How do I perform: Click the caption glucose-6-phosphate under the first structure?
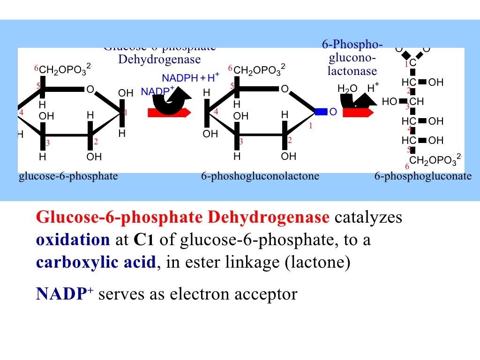point(68,177)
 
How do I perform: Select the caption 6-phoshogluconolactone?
point(260,177)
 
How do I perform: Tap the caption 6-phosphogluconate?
point(423,177)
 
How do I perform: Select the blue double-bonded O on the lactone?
point(333,112)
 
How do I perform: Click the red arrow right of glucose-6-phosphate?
point(169,112)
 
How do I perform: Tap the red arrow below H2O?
point(359,112)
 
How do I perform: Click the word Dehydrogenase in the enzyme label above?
point(159,60)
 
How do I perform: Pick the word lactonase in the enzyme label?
point(352,71)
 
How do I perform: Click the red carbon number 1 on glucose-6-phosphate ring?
point(126,112)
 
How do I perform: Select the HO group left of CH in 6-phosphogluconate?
point(389,102)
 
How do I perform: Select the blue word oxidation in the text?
point(73,240)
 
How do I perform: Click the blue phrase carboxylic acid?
point(96,262)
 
